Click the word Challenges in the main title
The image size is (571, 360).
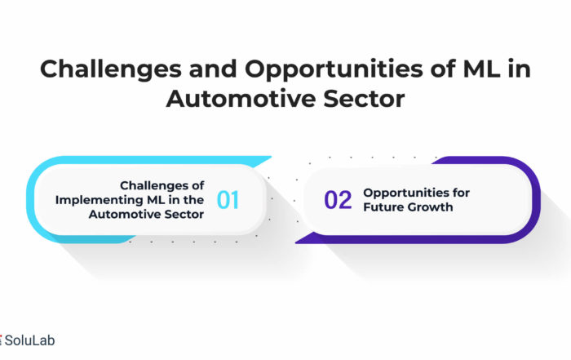pyautogui.click(x=111, y=69)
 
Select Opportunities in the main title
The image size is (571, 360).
pyautogui.click(x=334, y=69)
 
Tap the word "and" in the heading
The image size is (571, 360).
pyautogui.click(x=213, y=69)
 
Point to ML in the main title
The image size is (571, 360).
pyautogui.click(x=481, y=69)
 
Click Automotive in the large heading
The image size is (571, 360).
pyautogui.click(x=241, y=99)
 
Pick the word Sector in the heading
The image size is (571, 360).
pyautogui.click(x=364, y=99)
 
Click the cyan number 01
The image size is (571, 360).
pyautogui.click(x=228, y=200)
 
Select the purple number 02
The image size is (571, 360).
pyautogui.click(x=338, y=200)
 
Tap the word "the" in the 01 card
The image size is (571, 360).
pyautogui.click(x=194, y=200)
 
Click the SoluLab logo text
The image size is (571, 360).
pyautogui.click(x=29, y=340)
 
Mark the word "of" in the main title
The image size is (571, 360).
pyautogui.click(x=443, y=69)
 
